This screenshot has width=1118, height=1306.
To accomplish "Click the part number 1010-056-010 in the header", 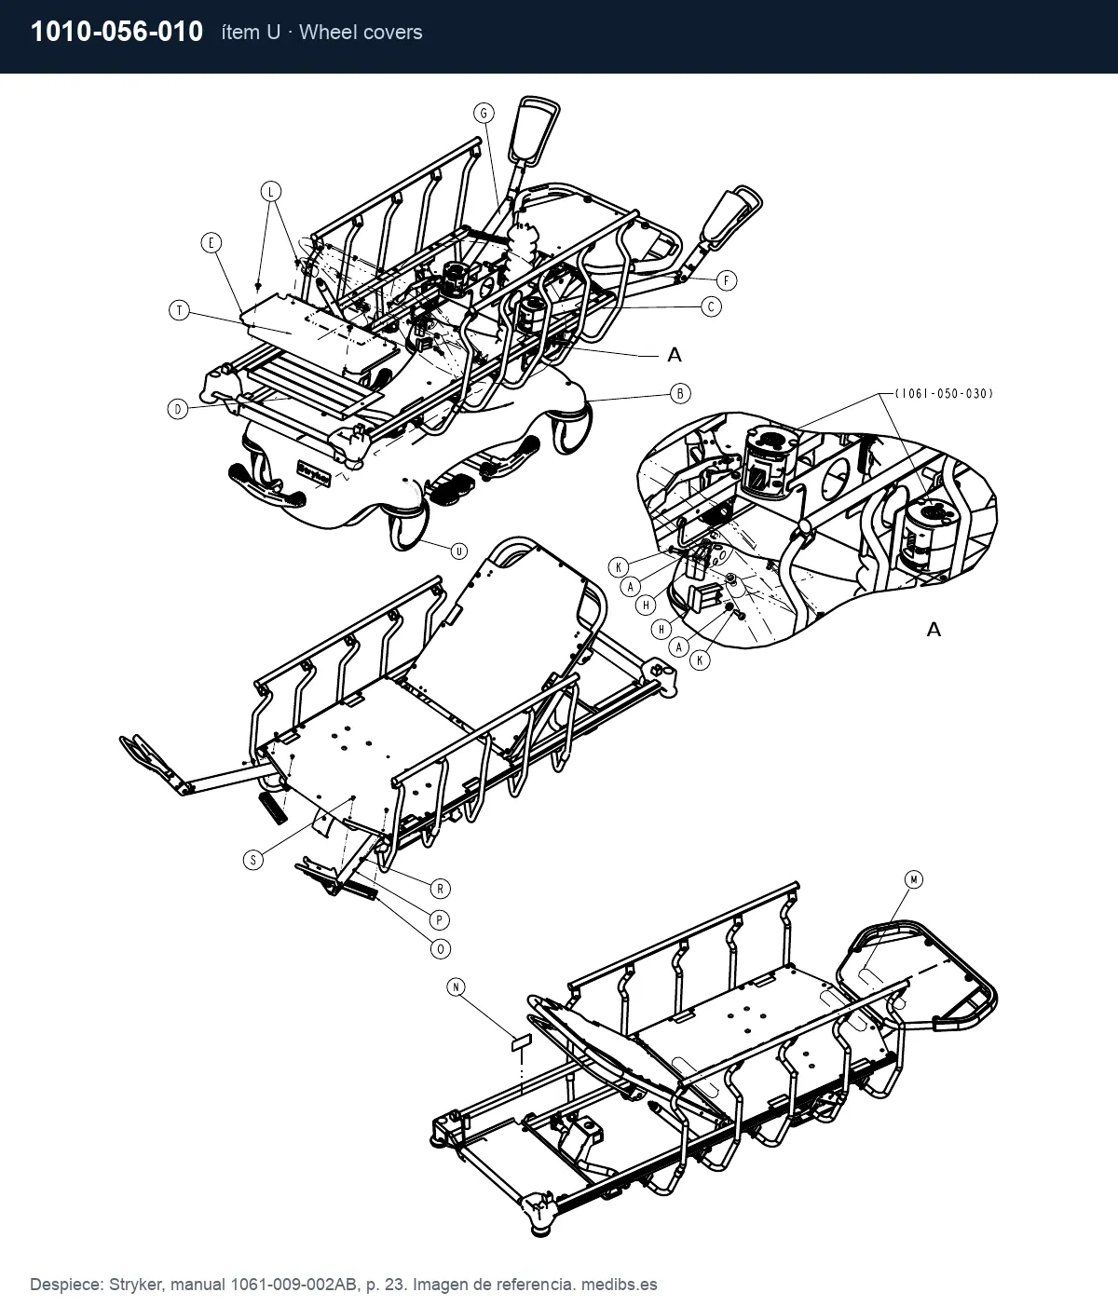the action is pyautogui.click(x=116, y=32).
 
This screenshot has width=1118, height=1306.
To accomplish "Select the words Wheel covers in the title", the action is pyautogui.click(x=361, y=33).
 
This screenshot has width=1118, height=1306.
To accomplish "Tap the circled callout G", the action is pyautogui.click(x=484, y=113).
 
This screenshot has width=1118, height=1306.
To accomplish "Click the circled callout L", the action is pyautogui.click(x=271, y=192).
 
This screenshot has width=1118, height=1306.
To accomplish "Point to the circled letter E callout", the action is pyautogui.click(x=211, y=243).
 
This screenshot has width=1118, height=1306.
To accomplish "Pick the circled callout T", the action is pyautogui.click(x=180, y=310).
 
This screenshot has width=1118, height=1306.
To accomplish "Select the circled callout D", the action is pyautogui.click(x=178, y=409).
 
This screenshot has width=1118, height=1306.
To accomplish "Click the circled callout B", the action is pyautogui.click(x=680, y=394).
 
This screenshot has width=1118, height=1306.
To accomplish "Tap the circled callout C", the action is pyautogui.click(x=711, y=307).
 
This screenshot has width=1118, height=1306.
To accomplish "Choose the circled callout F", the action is pyautogui.click(x=727, y=280).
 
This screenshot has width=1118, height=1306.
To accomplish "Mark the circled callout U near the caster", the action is pyautogui.click(x=458, y=551).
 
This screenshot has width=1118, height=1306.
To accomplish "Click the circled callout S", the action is pyautogui.click(x=253, y=859).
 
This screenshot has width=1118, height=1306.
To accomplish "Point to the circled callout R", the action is pyautogui.click(x=440, y=889).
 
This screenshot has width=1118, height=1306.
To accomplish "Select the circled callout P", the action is pyautogui.click(x=439, y=920).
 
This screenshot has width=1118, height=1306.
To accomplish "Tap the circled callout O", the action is pyautogui.click(x=441, y=948).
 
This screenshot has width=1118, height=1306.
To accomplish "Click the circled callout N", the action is pyautogui.click(x=456, y=986).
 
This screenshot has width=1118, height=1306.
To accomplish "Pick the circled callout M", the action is pyautogui.click(x=914, y=879).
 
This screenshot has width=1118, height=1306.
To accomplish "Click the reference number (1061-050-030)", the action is pyautogui.click(x=944, y=394).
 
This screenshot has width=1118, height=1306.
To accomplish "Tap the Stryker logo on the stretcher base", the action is pyautogui.click(x=313, y=473).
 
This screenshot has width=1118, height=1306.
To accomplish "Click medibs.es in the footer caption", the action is pyautogui.click(x=620, y=1285).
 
